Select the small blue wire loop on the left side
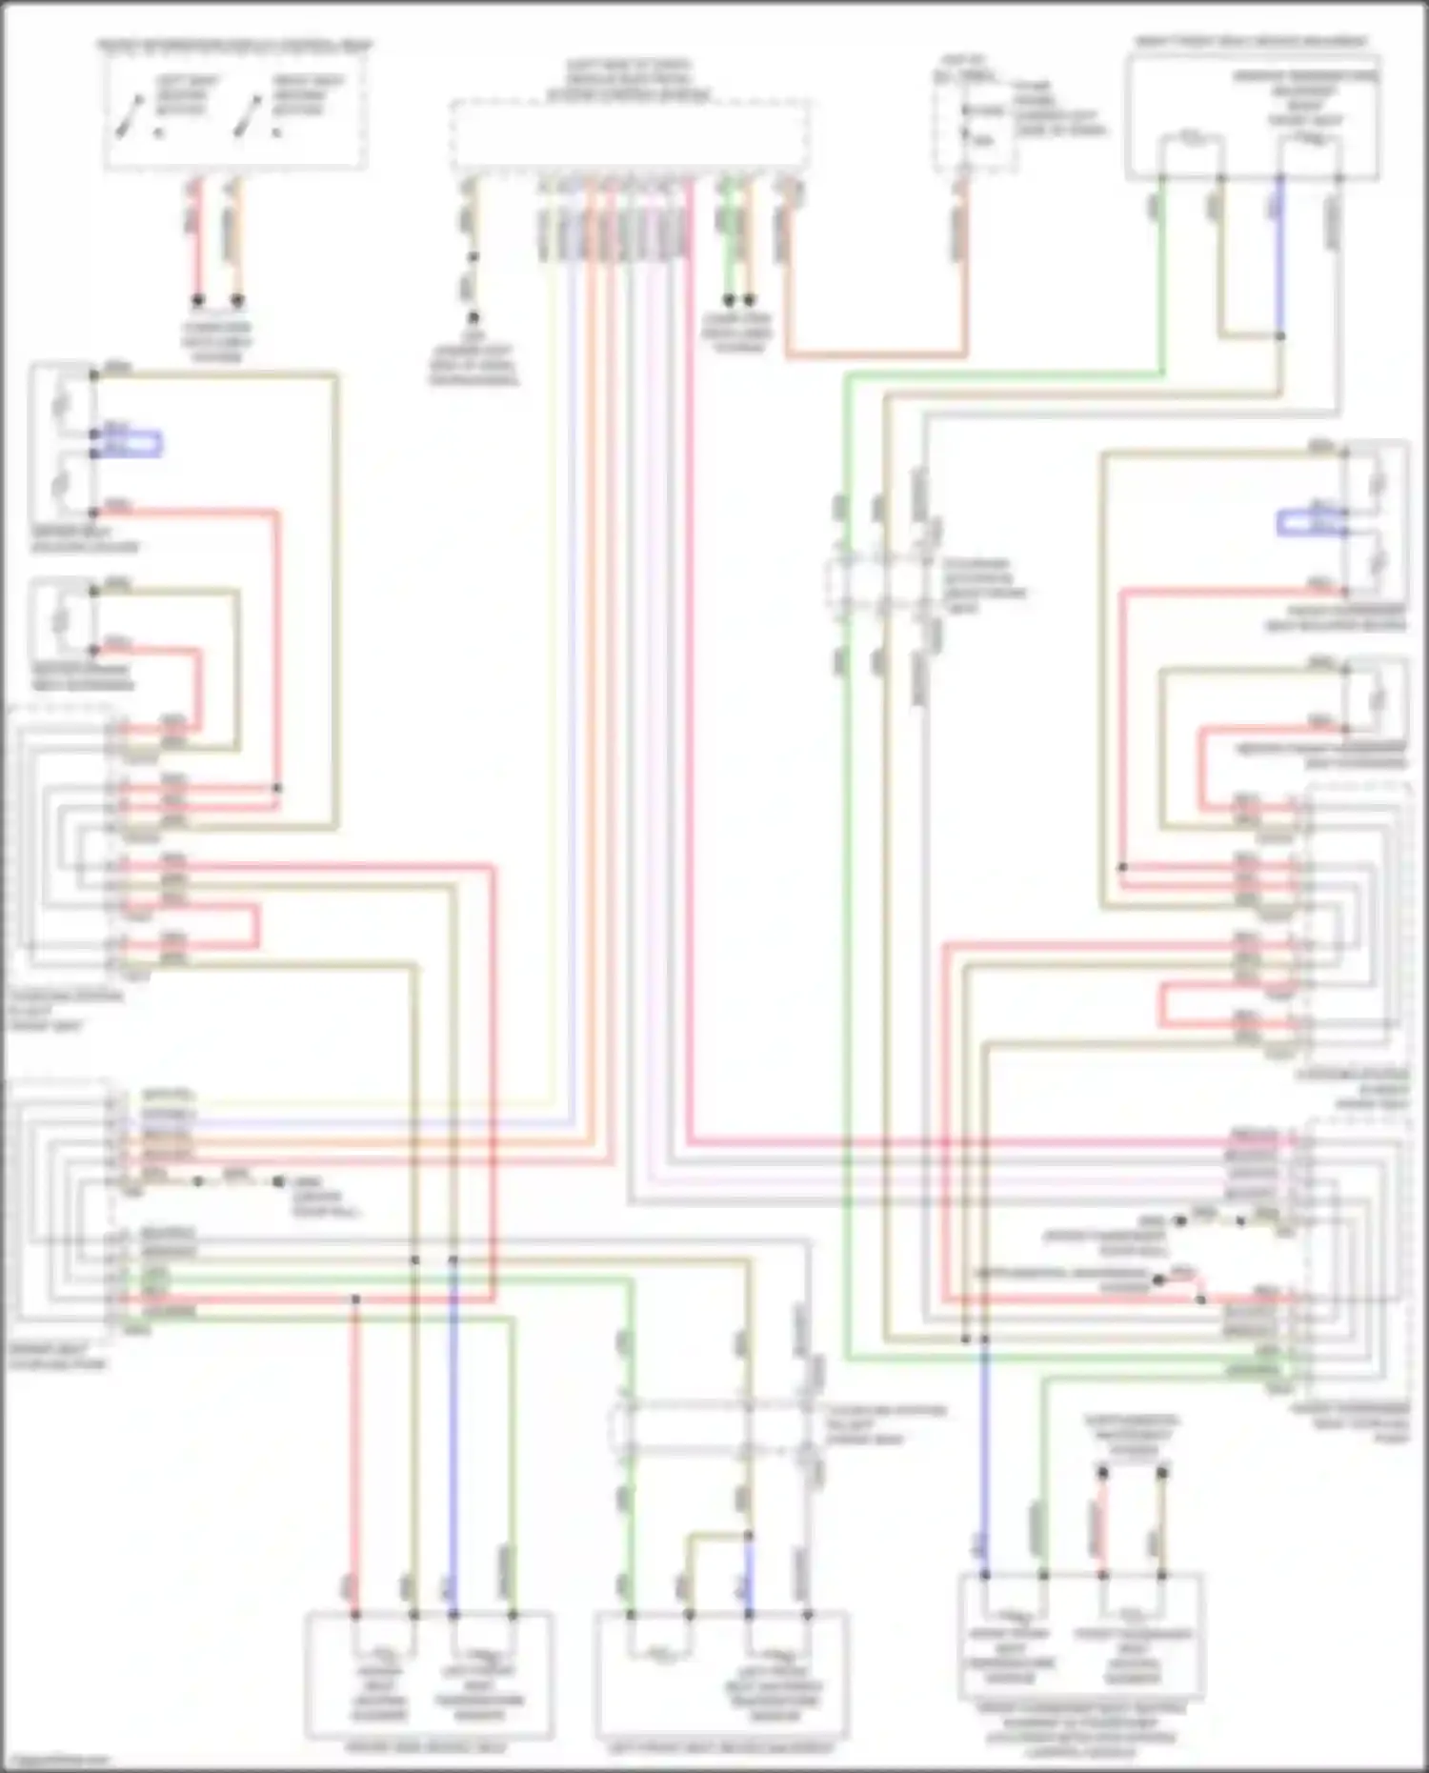point(143,444)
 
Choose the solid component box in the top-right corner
point(1253,116)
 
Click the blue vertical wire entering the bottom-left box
point(453,1429)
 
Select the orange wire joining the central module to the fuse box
point(876,354)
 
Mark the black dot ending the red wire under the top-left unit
point(198,300)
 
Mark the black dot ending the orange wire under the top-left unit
point(238,300)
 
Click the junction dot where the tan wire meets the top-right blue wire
point(1279,335)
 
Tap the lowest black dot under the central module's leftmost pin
point(473,318)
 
